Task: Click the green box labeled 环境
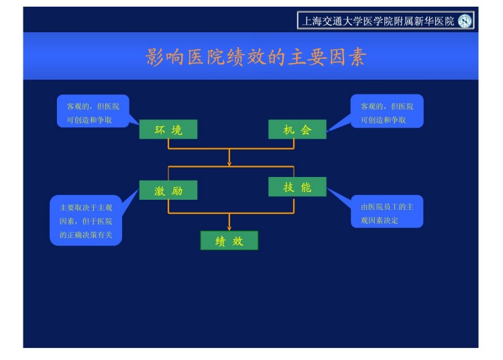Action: tap(168, 129)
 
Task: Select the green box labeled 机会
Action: tap(297, 129)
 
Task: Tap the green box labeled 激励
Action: tap(168, 190)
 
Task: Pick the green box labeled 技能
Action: tap(297, 187)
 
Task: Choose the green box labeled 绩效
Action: tap(229, 241)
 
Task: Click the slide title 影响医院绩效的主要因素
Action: tap(256, 56)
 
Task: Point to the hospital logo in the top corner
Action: tap(465, 21)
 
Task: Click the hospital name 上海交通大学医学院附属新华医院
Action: tap(378, 21)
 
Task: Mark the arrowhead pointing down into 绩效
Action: tap(229, 227)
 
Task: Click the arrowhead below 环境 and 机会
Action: tap(229, 162)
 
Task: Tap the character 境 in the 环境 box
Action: tap(177, 129)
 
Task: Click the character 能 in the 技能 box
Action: tap(306, 187)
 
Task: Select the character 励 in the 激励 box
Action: tap(177, 190)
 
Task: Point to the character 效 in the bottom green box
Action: tap(238, 241)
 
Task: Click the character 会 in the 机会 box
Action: tap(306, 129)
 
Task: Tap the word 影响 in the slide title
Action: tap(164, 56)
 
